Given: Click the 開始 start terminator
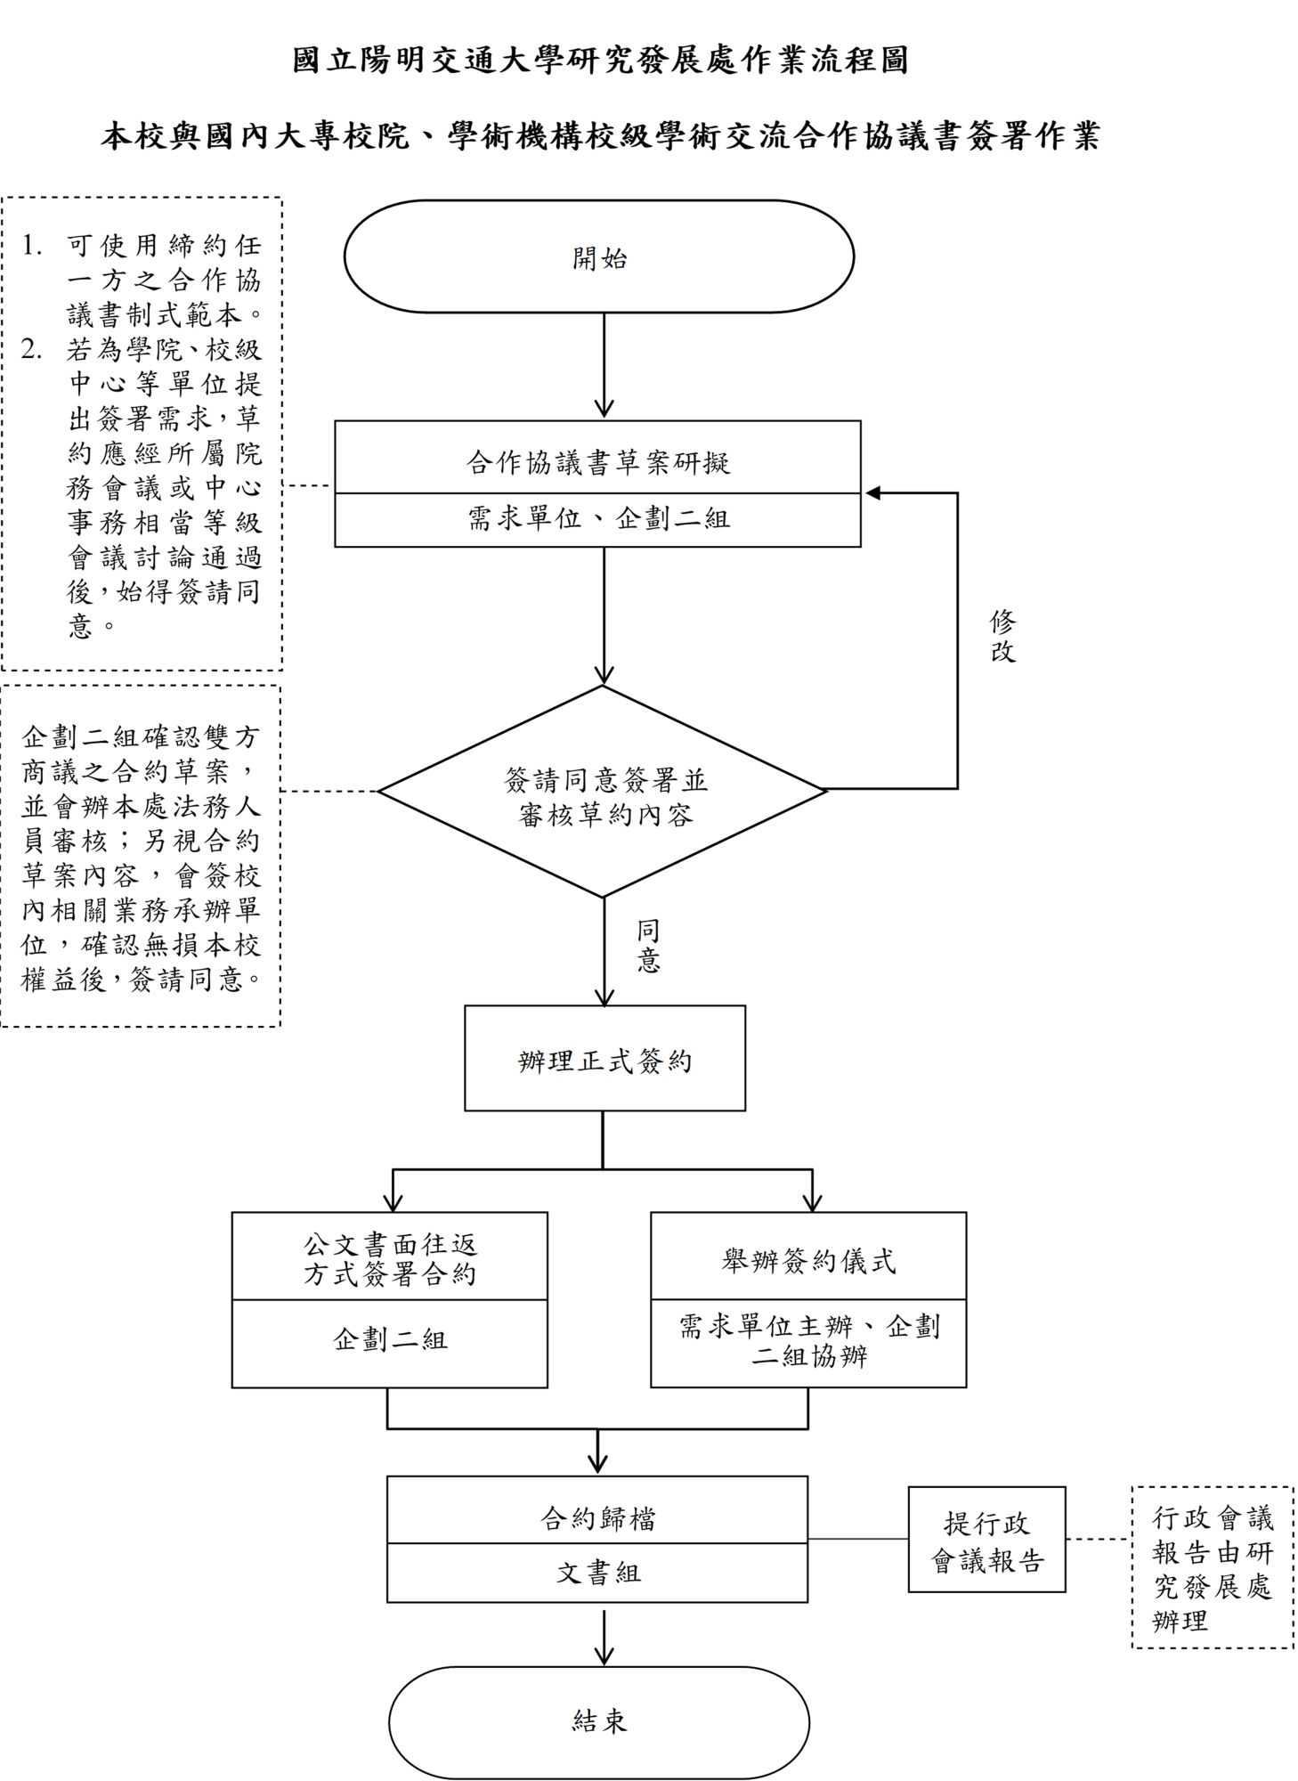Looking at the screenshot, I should [598, 256].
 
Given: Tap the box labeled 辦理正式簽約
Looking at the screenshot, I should [604, 1059].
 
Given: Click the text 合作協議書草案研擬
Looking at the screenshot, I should [598, 461].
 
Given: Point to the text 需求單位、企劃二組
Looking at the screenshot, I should [598, 518].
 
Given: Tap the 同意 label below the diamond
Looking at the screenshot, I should [648, 947].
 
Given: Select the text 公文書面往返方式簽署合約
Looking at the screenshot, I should [390, 1258].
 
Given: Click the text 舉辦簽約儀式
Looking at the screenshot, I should [808, 1260].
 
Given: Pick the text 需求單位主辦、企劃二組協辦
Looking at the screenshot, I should [808, 1341].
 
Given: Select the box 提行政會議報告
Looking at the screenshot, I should [986, 1540].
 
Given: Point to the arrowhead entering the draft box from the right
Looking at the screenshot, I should [872, 493].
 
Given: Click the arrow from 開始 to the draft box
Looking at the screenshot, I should [604, 365].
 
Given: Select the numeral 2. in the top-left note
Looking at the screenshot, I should [32, 349].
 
